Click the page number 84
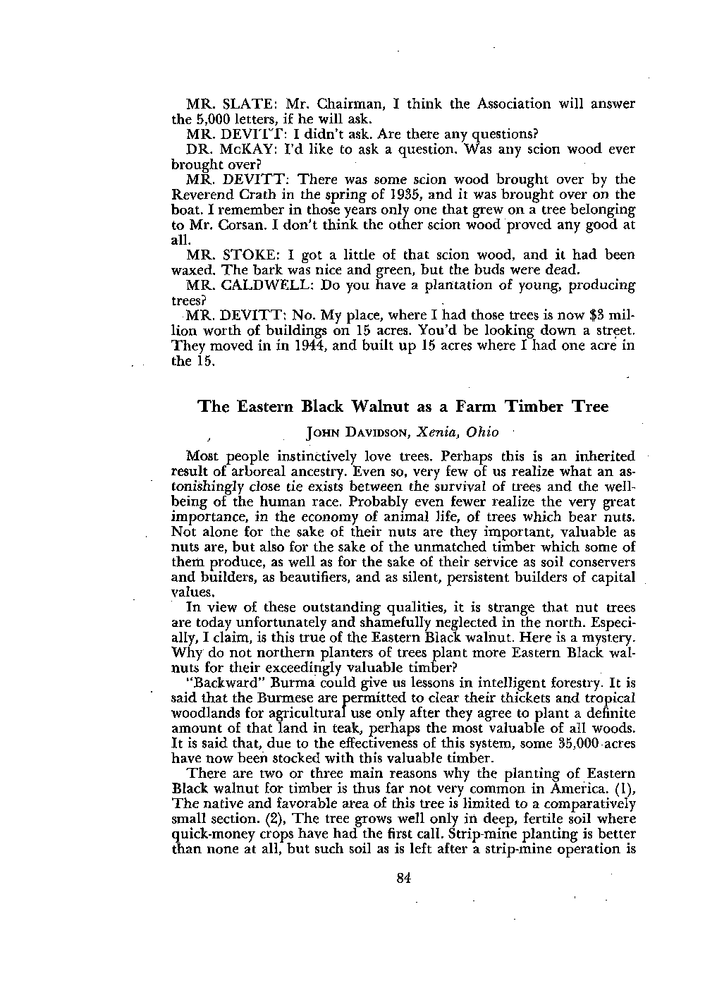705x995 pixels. point(403,878)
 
